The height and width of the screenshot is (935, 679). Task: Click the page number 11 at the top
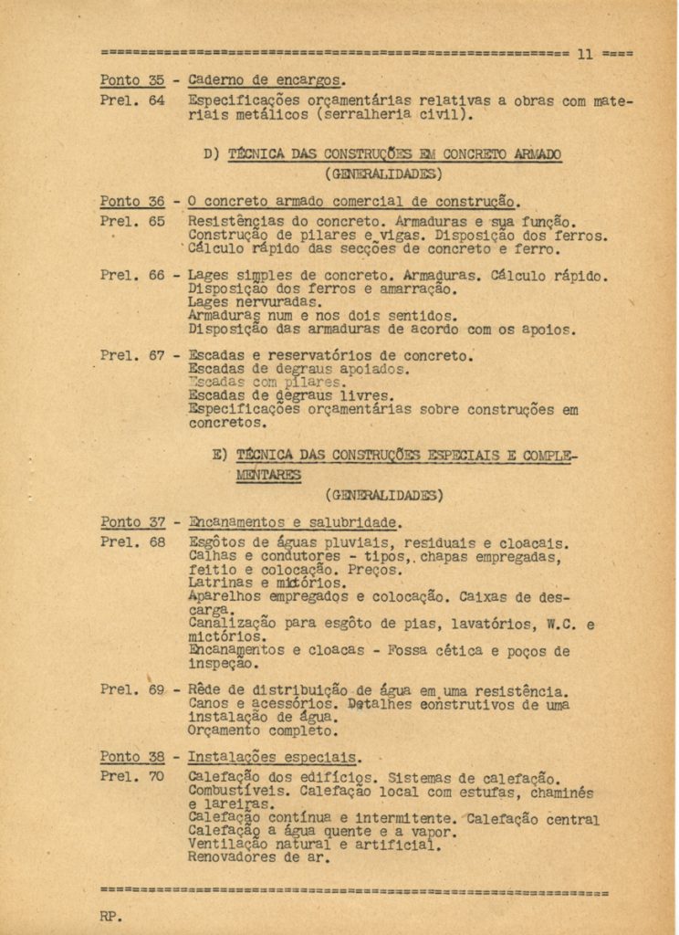tap(585, 54)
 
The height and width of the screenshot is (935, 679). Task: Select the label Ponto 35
tap(132, 80)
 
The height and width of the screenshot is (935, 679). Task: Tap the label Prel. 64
tap(132, 100)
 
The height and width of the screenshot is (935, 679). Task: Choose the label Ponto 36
tap(132, 202)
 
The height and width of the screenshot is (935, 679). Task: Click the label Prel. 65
tap(132, 222)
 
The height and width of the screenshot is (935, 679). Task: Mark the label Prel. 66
tap(132, 276)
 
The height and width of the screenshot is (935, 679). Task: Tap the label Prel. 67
tap(132, 356)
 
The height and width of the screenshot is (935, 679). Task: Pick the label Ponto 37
tap(132, 523)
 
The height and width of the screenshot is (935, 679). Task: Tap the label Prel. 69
tap(132, 690)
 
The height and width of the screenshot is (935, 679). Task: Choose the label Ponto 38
tap(132, 757)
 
